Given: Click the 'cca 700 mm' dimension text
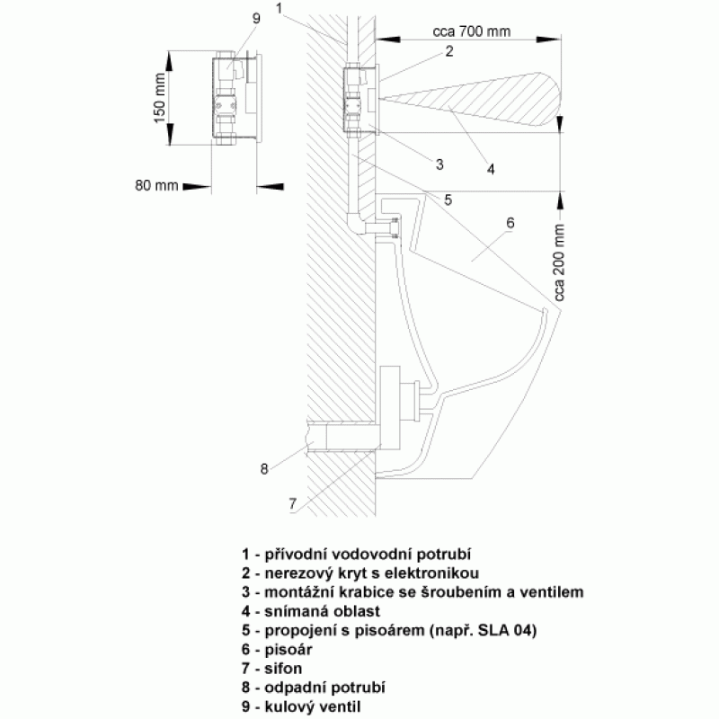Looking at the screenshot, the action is coord(471,31).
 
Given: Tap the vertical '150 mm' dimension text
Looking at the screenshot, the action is coord(160,98).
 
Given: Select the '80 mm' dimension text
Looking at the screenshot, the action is coord(156,185).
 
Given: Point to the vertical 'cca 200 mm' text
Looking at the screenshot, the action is coord(559,262).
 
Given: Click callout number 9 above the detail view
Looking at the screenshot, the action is coord(256,18).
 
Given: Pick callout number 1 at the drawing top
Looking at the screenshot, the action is coord(279,8).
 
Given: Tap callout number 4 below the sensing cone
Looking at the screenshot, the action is coord(491,169).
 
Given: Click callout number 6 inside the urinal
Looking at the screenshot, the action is coord(510,223).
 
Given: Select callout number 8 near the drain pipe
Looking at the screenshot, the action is coord(263,469).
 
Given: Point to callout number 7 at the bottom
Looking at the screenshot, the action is coord(293,503).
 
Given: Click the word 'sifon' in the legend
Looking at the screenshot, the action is coord(283,669).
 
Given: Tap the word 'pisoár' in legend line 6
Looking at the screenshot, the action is coord(288,649).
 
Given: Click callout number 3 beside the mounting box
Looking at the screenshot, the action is coord(439,164).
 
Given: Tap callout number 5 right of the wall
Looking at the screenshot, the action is coord(448,200).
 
